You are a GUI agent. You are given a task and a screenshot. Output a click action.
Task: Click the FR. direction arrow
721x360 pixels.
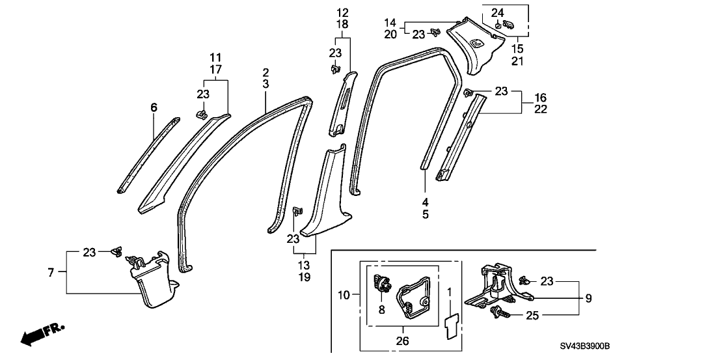point(40,335)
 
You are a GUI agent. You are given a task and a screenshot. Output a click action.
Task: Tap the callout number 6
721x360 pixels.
point(154,107)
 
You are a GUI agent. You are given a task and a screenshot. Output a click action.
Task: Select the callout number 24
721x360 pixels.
point(498,12)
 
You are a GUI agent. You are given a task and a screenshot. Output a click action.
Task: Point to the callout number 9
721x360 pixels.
point(588,299)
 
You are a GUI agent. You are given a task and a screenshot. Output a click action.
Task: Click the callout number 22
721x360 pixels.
point(541,109)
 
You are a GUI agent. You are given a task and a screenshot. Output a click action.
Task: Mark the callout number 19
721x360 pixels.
point(305,277)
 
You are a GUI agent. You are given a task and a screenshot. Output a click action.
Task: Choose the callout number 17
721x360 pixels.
point(216,69)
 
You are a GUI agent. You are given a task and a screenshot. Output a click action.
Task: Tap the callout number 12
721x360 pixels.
point(342,12)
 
